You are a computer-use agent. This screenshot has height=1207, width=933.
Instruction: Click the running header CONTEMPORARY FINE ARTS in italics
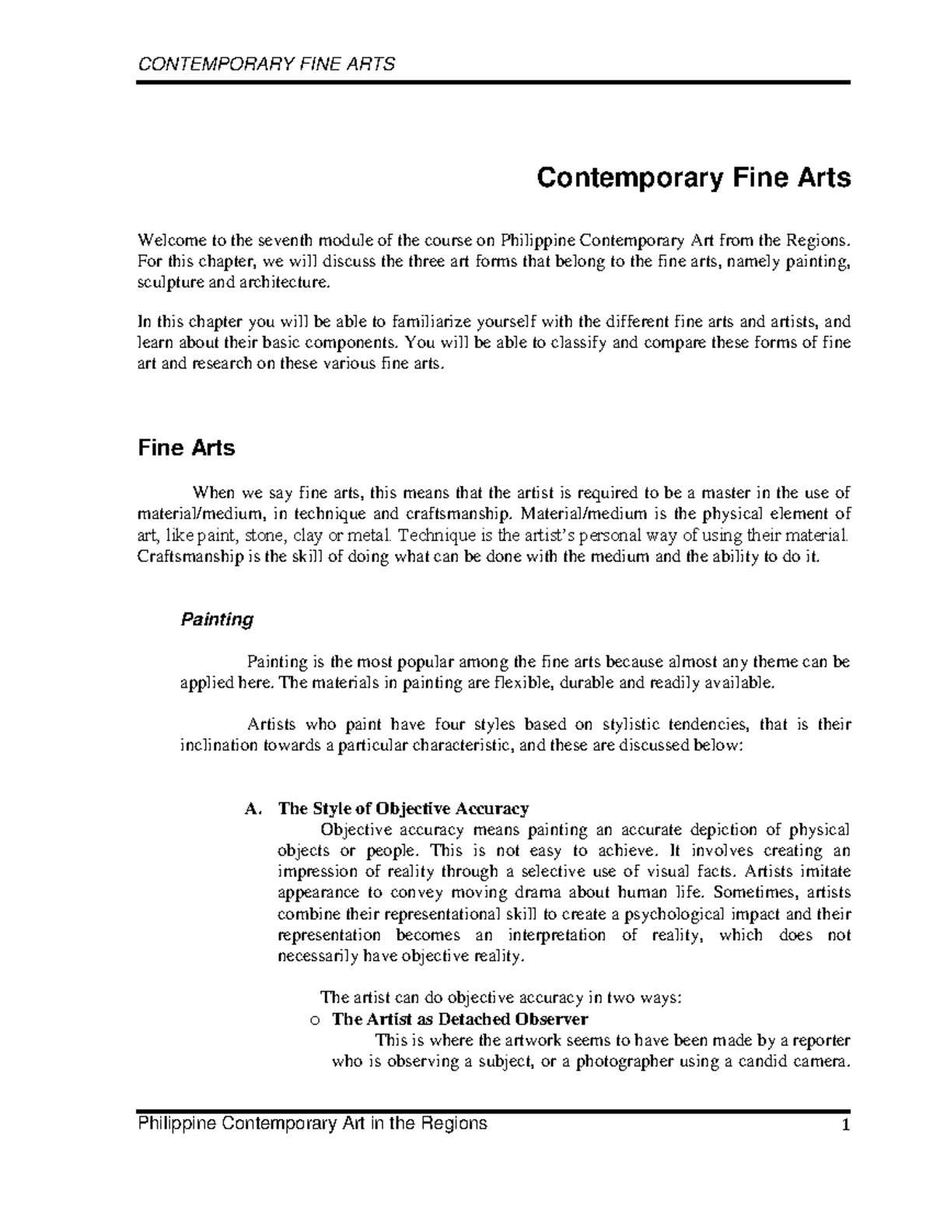point(266,64)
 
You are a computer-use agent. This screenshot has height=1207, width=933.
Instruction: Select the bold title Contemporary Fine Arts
point(694,179)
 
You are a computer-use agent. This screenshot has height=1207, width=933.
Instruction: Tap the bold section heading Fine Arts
point(186,448)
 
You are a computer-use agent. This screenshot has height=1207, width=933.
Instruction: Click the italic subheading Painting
point(217,619)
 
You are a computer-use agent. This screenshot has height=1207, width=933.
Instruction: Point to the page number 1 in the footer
point(845,1125)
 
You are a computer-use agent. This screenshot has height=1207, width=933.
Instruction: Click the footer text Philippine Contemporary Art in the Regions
point(312,1124)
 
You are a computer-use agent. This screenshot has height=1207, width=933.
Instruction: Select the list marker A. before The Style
point(251,809)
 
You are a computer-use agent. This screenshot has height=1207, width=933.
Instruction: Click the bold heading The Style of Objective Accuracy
point(404,809)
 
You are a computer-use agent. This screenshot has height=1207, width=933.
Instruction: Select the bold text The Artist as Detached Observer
point(460,1019)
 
